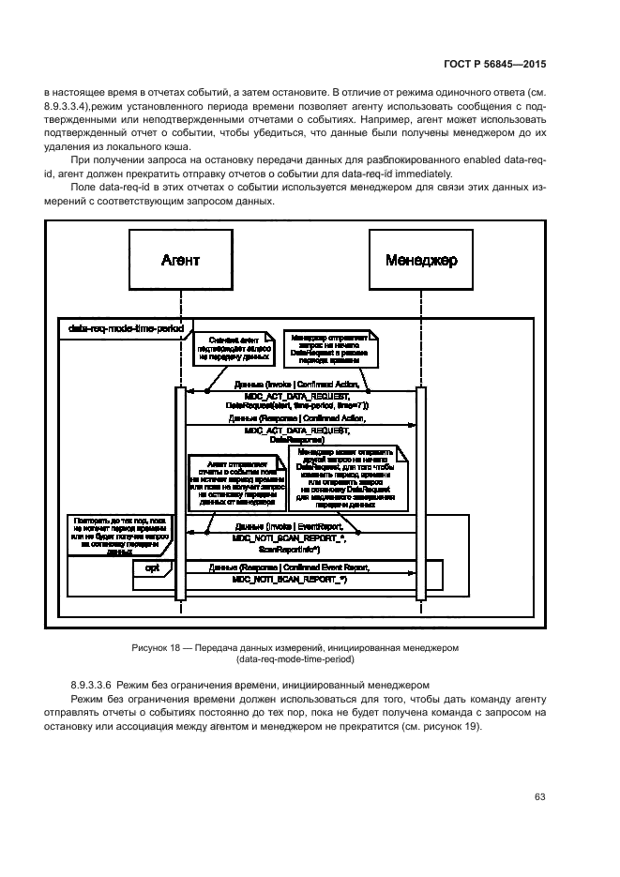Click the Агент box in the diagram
[175, 260]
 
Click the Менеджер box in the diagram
[420, 260]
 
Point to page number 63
[540, 798]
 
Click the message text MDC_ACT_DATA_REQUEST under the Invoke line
[296, 395]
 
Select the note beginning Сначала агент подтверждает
[229, 349]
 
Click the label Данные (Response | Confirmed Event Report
[291, 594]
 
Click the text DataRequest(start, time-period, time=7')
[296, 405]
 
